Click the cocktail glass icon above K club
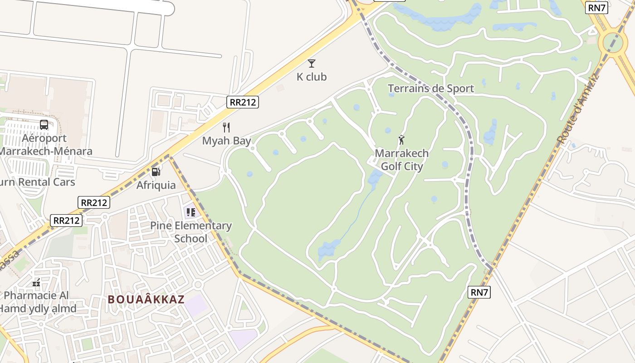tap(312, 64)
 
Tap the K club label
tap(312, 77)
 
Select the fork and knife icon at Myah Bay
tap(227, 128)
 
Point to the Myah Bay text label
tap(226, 141)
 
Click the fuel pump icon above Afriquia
tap(156, 172)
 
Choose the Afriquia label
tap(156, 185)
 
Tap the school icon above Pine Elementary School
tap(191, 212)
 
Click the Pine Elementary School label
tap(191, 232)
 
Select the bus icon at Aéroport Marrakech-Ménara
tap(44, 125)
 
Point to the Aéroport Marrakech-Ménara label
tap(44, 145)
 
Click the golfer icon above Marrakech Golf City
tap(401, 140)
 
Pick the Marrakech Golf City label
tap(401, 160)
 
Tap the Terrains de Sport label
tap(431, 88)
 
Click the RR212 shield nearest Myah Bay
tap(243, 102)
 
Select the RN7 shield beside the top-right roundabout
tap(596, 8)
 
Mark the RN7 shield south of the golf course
tap(479, 292)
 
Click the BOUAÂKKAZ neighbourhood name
tap(146, 299)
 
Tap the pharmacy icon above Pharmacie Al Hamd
tap(37, 283)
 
